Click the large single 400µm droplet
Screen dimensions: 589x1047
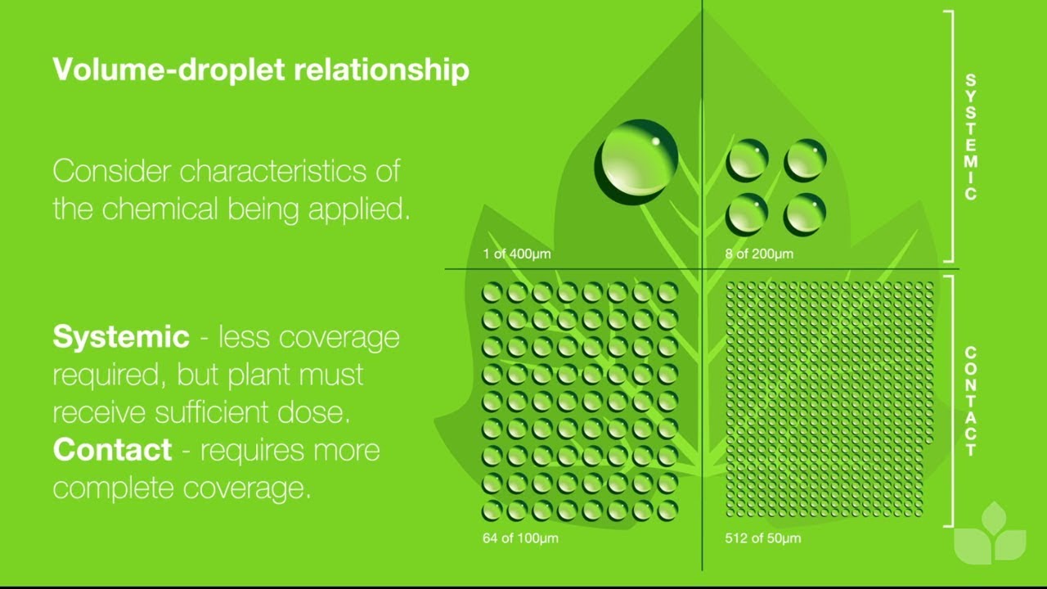pos(636,161)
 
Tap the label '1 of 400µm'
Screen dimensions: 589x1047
pos(516,254)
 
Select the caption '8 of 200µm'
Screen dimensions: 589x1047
pos(759,254)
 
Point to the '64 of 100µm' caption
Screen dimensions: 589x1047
pos(520,538)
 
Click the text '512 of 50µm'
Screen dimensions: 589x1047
pos(762,538)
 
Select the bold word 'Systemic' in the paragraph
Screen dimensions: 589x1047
pos(121,336)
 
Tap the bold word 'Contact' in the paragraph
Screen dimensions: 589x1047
pos(112,450)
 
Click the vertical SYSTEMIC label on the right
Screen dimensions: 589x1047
pos(970,137)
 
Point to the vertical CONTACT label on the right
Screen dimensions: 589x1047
pos(970,401)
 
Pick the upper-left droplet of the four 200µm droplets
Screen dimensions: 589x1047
pos(747,160)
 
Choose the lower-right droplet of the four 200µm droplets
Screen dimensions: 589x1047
pos(805,214)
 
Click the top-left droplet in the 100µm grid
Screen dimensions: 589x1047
pos(492,292)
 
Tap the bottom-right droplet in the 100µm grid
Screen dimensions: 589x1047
pos(667,510)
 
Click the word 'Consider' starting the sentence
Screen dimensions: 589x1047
pos(113,171)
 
